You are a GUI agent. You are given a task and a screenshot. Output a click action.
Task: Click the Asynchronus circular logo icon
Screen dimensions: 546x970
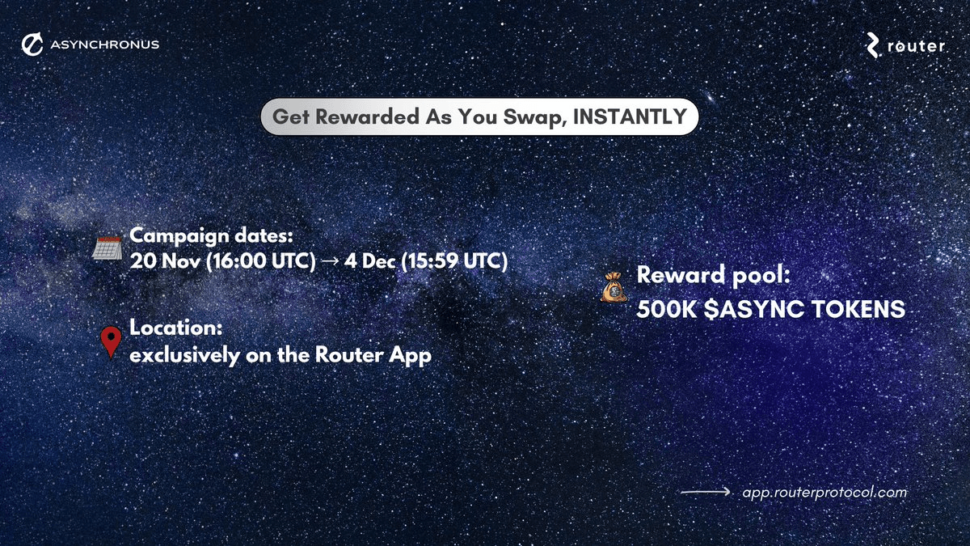32,44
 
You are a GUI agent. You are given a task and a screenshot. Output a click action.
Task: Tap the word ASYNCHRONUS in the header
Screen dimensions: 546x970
104,44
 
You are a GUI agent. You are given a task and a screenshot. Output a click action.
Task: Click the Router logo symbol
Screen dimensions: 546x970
873,45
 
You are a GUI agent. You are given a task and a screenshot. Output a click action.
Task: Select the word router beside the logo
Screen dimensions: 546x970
916,46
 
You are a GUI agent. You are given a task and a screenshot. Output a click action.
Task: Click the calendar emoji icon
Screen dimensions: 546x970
107,246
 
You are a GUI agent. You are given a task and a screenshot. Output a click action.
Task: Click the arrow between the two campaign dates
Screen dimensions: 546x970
329,262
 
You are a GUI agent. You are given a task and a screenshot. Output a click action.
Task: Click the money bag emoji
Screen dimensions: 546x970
614,286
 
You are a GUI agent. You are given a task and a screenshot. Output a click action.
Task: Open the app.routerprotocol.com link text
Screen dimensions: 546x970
824,492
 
